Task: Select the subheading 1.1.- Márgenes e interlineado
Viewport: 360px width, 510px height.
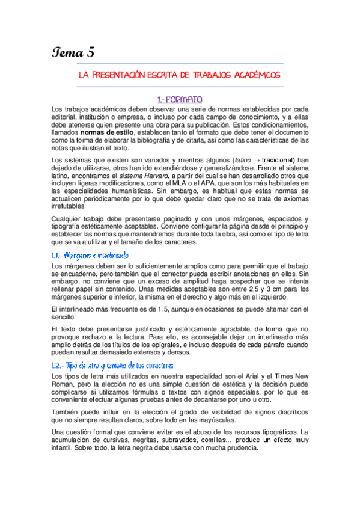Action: [91, 255]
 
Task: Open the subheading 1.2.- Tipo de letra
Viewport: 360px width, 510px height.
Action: [113, 365]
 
